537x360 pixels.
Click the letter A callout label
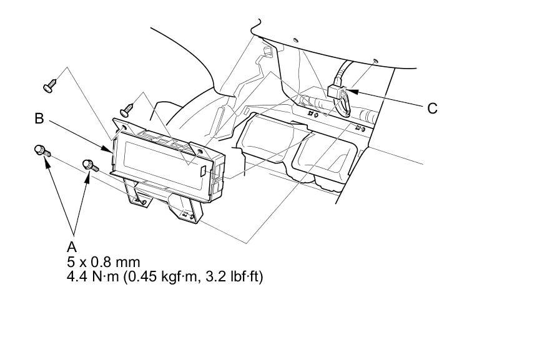pyautogui.click(x=72, y=246)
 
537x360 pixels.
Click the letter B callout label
pyautogui.click(x=39, y=119)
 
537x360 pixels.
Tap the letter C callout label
pyautogui.click(x=432, y=109)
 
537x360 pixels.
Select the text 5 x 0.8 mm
pyautogui.click(x=104, y=262)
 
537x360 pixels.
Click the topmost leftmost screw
pyautogui.click(x=50, y=86)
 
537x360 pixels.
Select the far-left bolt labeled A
pyautogui.click(x=42, y=150)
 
